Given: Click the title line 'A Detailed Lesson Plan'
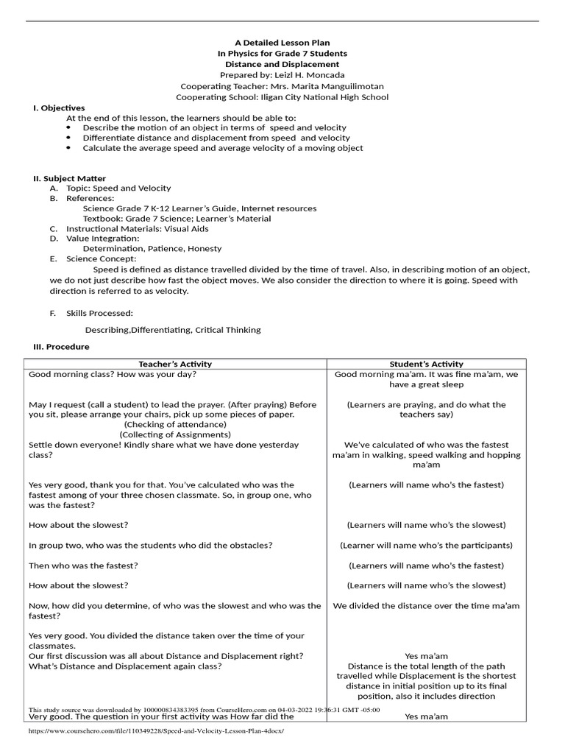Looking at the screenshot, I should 282,43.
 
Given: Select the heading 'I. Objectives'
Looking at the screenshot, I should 59,108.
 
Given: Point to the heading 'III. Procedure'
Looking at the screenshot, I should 61,347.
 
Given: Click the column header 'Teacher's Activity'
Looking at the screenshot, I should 175,364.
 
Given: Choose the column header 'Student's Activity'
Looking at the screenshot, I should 426,364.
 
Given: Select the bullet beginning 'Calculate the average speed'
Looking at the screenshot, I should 222,148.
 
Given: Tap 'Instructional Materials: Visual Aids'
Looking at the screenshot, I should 137,229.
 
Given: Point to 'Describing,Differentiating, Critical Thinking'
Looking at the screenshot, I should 172,330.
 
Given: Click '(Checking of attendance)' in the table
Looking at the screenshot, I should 175,425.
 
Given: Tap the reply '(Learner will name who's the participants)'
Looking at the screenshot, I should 426,546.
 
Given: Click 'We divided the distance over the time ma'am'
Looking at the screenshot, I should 426,606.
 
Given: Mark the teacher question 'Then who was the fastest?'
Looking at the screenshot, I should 83,565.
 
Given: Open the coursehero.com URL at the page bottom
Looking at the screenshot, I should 155,731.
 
